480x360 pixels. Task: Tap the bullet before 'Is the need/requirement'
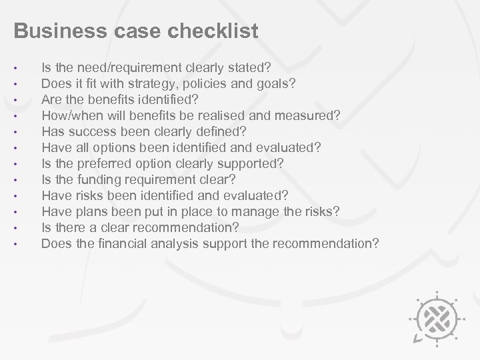23,68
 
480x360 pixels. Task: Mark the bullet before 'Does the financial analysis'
23,244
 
